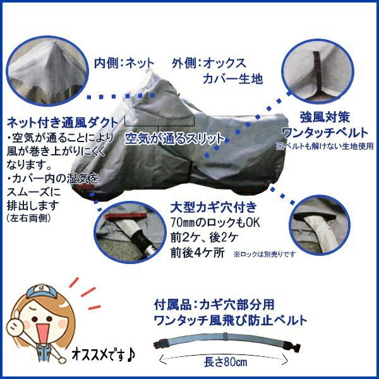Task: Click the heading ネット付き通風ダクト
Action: tap(63, 123)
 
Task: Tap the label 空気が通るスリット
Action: tap(174, 139)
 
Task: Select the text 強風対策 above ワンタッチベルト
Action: tap(325, 117)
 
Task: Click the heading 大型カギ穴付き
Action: tap(214, 207)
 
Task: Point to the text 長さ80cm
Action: tap(226, 362)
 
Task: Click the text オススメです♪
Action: tap(104, 355)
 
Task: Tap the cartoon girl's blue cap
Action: tap(42, 291)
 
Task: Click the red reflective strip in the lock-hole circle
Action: tap(126, 215)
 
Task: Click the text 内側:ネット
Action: tap(124, 63)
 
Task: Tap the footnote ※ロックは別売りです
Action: tap(265, 255)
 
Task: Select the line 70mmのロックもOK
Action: tap(215, 222)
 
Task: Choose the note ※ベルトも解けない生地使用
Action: tap(325, 146)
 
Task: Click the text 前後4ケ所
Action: tap(198, 253)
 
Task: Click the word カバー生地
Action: tap(232, 79)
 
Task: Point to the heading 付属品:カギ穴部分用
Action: tap(214, 304)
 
